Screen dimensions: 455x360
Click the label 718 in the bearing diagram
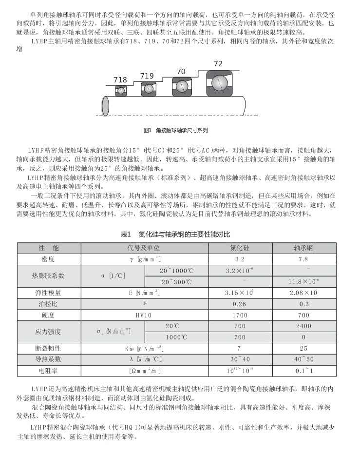coord(120,79)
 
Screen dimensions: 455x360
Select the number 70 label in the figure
coord(181,71)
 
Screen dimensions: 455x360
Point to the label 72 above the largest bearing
coord(218,64)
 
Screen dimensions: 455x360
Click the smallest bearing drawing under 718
coord(120,90)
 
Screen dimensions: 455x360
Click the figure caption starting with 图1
coord(176,130)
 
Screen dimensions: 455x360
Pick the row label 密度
coord(49,259)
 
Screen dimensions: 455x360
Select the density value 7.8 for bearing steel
coord(303,259)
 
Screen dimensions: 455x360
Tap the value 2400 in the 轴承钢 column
coord(303,326)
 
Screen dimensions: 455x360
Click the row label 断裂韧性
coord(49,348)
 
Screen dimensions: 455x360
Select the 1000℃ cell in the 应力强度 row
coord(176,337)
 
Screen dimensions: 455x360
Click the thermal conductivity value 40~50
coord(303,359)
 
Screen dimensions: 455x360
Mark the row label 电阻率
coord(49,371)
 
